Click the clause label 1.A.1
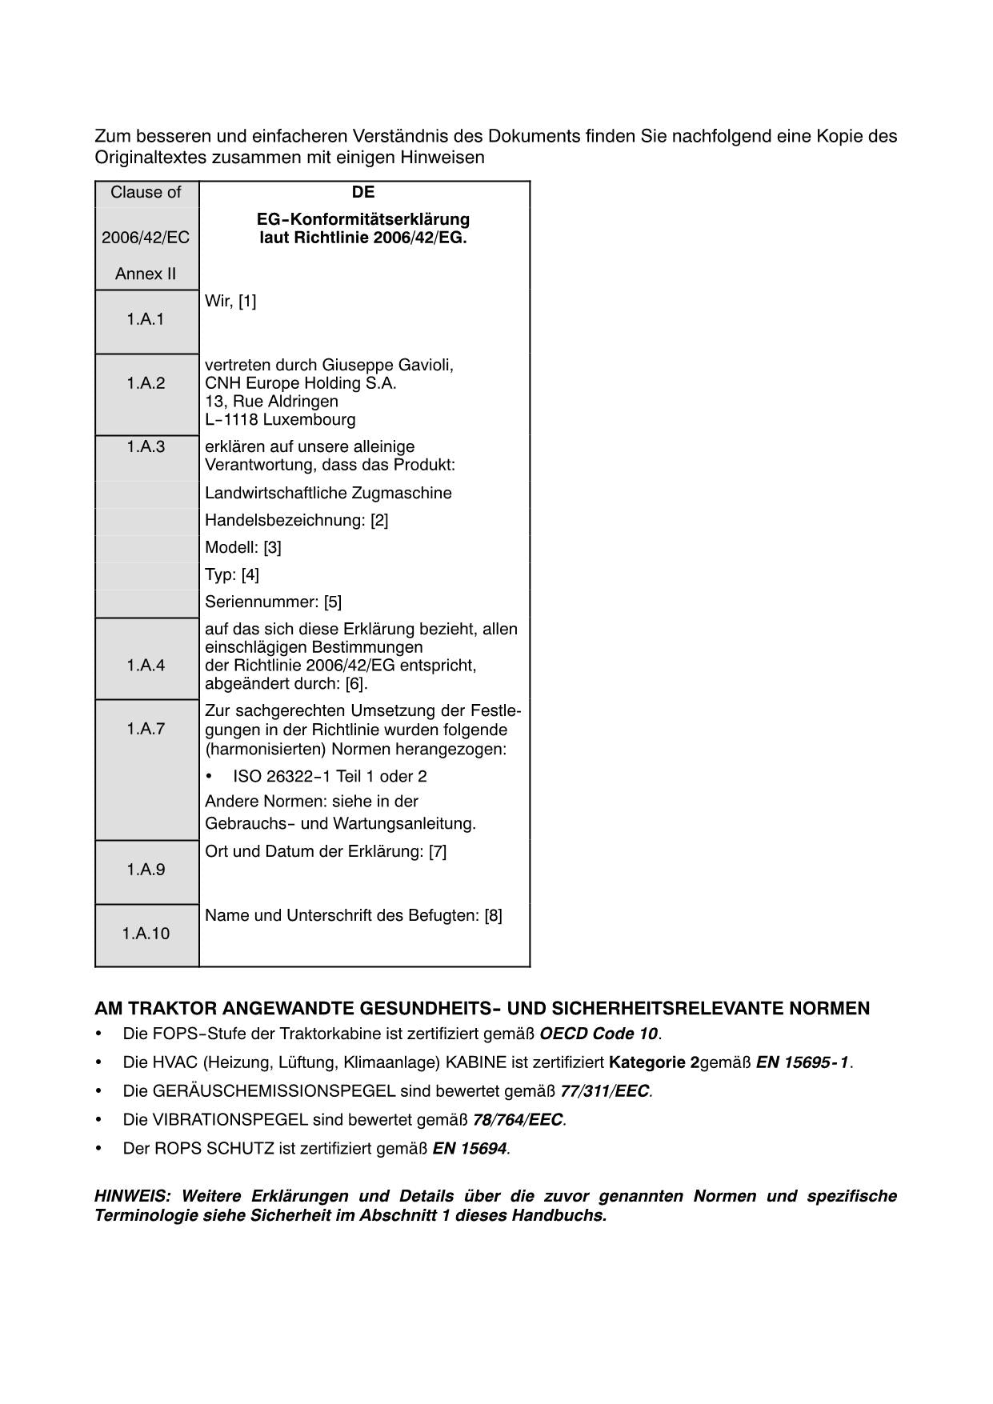pyautogui.click(x=145, y=319)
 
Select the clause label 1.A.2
pyautogui.click(x=146, y=383)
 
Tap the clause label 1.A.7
pyautogui.click(x=146, y=729)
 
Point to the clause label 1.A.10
pyautogui.click(x=146, y=934)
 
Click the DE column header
pyautogui.click(x=363, y=193)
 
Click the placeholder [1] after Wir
pyautogui.click(x=247, y=302)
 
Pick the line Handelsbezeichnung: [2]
pyautogui.click(x=297, y=521)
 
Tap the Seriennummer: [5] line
pyautogui.click(x=274, y=602)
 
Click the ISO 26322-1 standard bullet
pyautogui.click(x=330, y=777)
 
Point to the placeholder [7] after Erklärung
pyautogui.click(x=438, y=852)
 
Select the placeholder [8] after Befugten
pyautogui.click(x=494, y=916)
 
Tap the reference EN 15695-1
pyautogui.click(x=803, y=1063)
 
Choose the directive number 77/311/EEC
pyautogui.click(x=605, y=1091)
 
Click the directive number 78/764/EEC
pyautogui.click(x=519, y=1120)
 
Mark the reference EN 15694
pyautogui.click(x=470, y=1149)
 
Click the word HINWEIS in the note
pyautogui.click(x=130, y=1197)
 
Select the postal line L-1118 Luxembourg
pyautogui.click(x=281, y=420)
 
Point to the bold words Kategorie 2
pyautogui.click(x=654, y=1063)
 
